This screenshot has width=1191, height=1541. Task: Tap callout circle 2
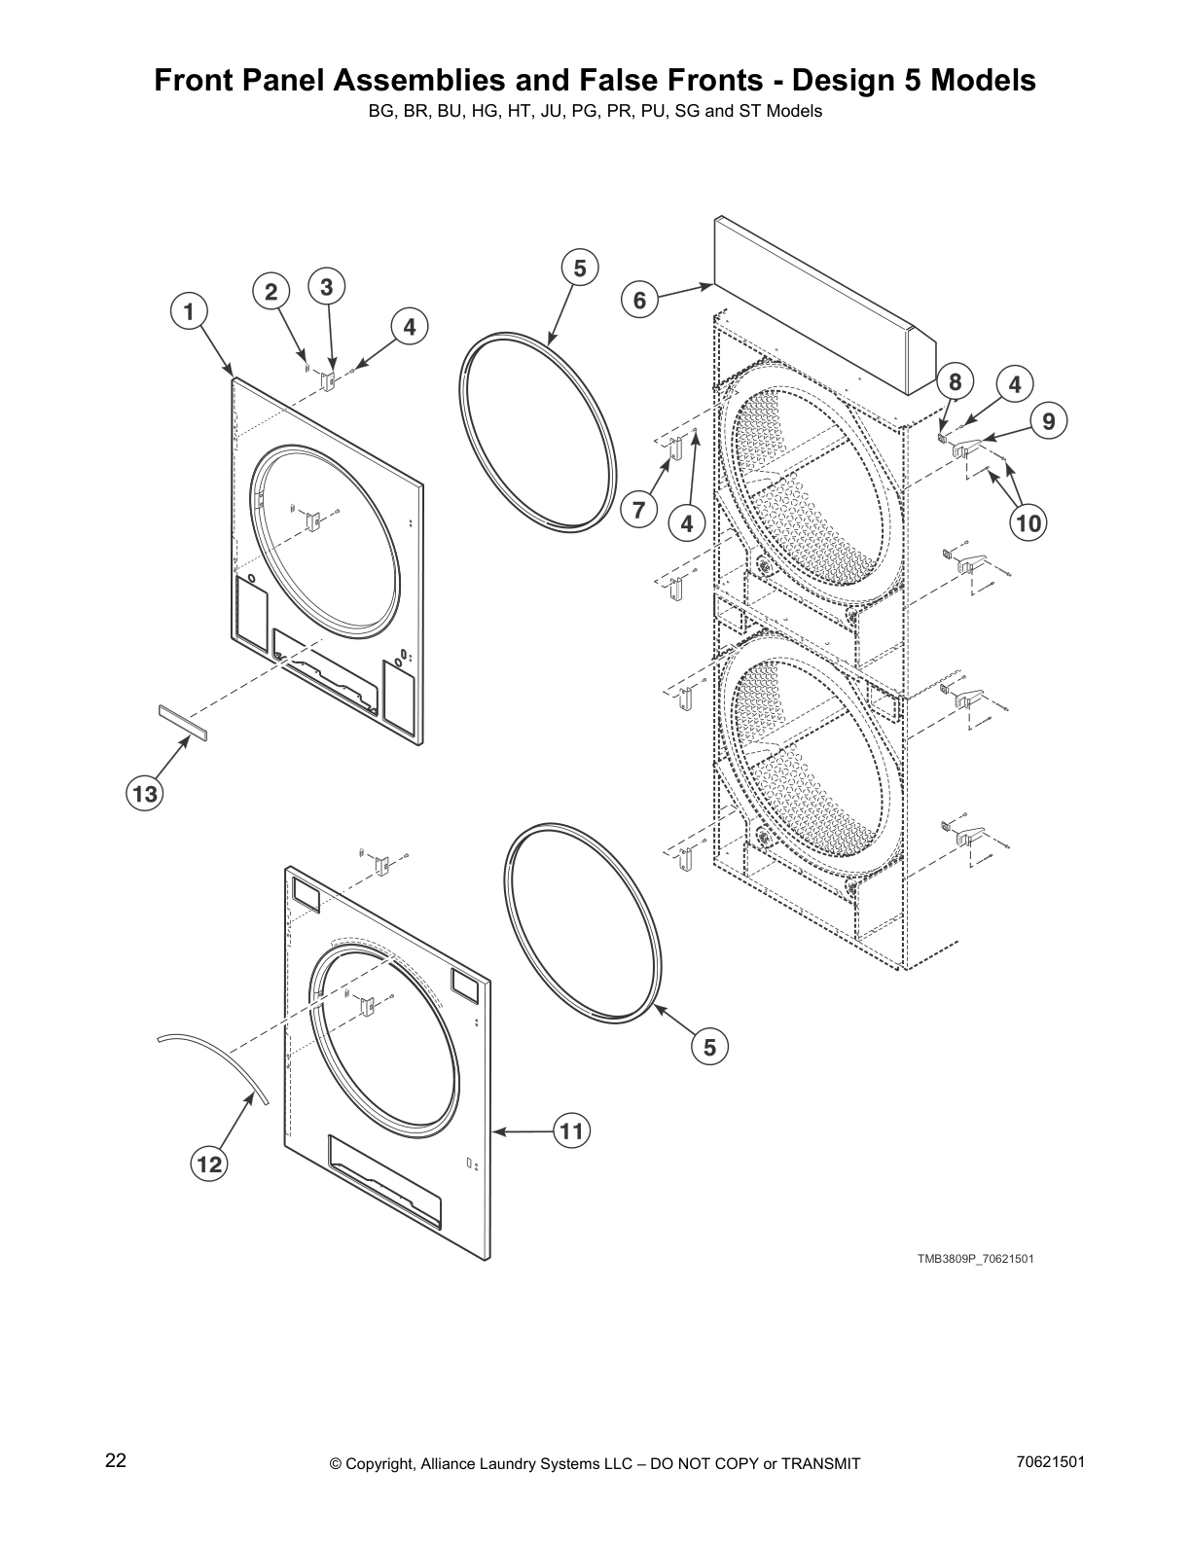click(x=271, y=292)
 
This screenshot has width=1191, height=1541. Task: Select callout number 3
click(x=327, y=287)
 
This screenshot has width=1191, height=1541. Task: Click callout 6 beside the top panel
click(x=639, y=301)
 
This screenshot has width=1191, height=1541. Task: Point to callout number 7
click(x=639, y=509)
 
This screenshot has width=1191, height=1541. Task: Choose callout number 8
click(x=955, y=382)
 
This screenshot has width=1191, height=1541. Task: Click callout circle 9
click(x=1049, y=421)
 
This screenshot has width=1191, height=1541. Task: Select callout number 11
click(x=571, y=1130)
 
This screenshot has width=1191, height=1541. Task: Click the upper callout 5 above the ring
click(x=580, y=268)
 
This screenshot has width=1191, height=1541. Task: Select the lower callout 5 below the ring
click(x=709, y=1048)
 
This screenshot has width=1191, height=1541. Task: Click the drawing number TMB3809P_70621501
click(x=975, y=1259)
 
